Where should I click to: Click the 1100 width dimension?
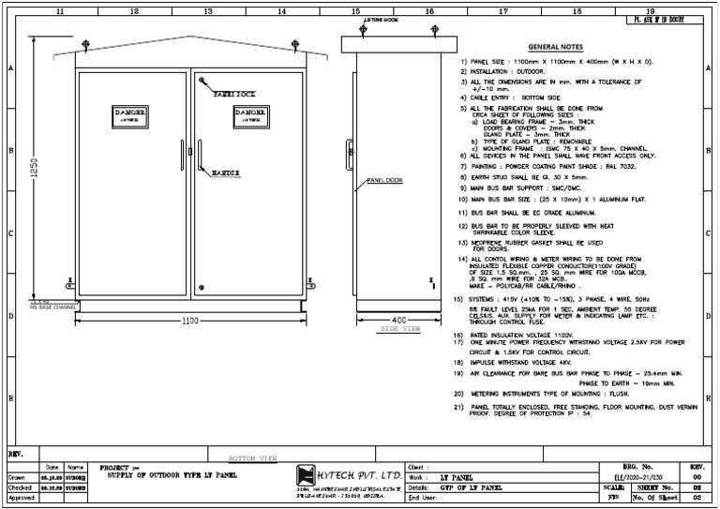191,321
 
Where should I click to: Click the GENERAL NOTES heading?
556,46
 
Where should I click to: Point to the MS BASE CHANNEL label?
52,307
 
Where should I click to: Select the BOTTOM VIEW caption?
253,458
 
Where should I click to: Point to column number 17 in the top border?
503,11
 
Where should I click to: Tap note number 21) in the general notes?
457,408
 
